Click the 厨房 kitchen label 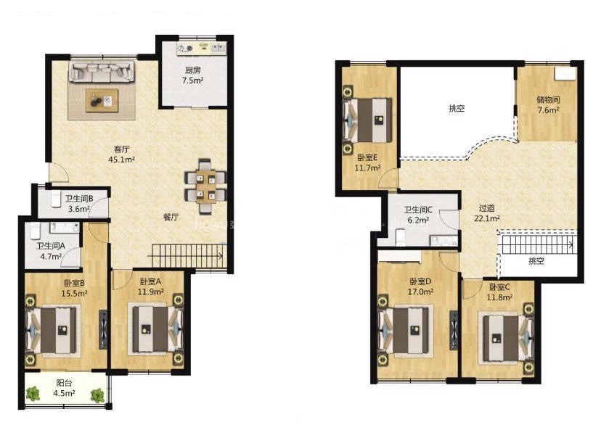[x=192, y=70]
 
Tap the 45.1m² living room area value [x=121, y=160]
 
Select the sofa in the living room [x=102, y=71]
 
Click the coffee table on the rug [x=102, y=100]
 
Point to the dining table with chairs [x=205, y=186]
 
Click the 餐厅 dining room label [x=171, y=217]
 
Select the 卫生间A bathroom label [x=51, y=246]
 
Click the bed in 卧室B [x=51, y=330]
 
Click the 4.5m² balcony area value [x=64, y=393]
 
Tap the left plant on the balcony [x=33, y=394]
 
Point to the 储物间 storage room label [x=548, y=100]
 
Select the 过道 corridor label [x=487, y=208]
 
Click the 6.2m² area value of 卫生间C [x=418, y=220]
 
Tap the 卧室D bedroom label [x=420, y=282]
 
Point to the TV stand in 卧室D [x=454, y=330]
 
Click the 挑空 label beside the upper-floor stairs [x=536, y=261]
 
